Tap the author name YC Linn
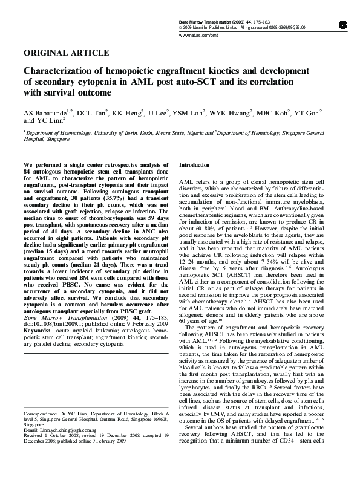tap(48, 121)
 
